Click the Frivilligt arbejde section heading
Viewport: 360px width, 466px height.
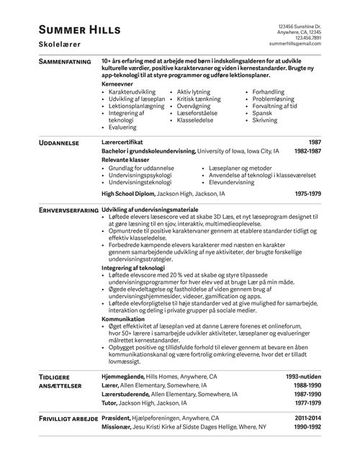pyautogui.click(x=63, y=417)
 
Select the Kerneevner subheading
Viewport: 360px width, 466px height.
pyautogui.click(x=117, y=84)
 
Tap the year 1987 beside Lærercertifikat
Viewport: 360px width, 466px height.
pyautogui.click(x=315, y=143)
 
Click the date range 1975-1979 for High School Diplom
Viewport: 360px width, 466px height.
pyautogui.click(x=308, y=194)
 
